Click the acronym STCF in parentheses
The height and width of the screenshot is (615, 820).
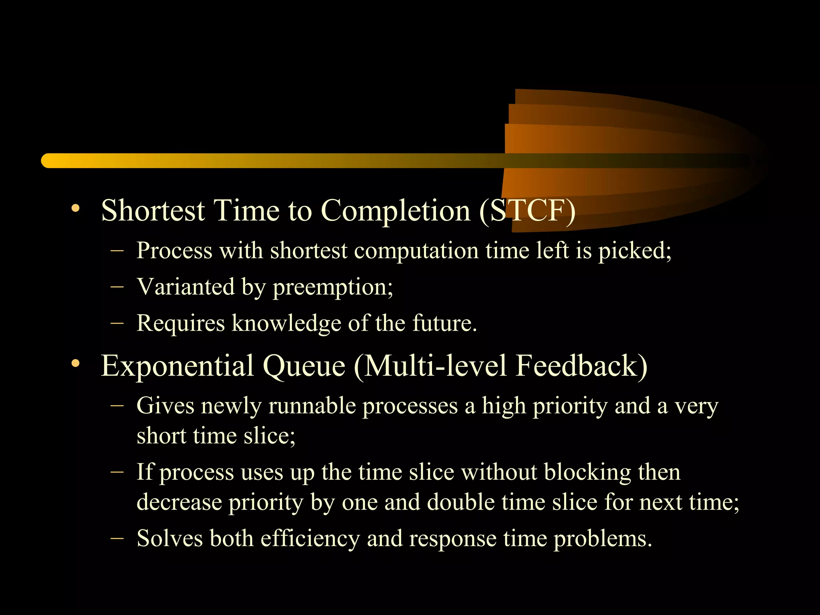tap(527, 211)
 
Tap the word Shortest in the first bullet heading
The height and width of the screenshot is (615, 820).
tap(153, 211)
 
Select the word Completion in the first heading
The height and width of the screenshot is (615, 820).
tap(396, 211)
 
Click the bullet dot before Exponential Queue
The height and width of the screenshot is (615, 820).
tap(75, 364)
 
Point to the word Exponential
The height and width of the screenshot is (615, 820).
tap(177, 366)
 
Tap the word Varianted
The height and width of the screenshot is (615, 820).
tap(185, 287)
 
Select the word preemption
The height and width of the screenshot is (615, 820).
tap(333, 287)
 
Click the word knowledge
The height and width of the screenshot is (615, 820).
tap(286, 323)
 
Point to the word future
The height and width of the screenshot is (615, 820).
tap(444, 323)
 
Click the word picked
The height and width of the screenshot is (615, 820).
tap(634, 251)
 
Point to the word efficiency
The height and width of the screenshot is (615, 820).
tap(310, 538)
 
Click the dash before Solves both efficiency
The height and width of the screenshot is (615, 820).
tap(117, 538)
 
